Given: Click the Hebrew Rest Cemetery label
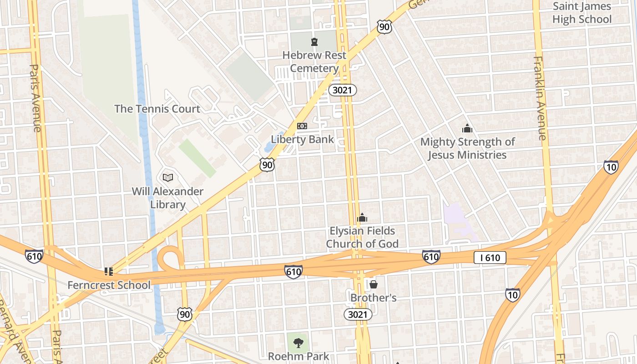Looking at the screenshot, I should pyautogui.click(x=314, y=62).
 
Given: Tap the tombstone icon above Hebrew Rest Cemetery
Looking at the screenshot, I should pyautogui.click(x=314, y=42).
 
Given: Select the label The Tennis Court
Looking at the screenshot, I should pyautogui.click(x=157, y=109).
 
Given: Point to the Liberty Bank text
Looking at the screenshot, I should pyautogui.click(x=302, y=139).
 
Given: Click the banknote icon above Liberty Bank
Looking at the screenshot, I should pyautogui.click(x=302, y=126).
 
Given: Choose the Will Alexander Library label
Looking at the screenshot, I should pyautogui.click(x=167, y=198).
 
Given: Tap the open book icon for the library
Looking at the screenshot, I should pyautogui.click(x=167, y=177).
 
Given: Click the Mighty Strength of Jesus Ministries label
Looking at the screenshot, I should pyautogui.click(x=467, y=148).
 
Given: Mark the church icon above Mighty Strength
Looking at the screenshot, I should pyautogui.click(x=467, y=129).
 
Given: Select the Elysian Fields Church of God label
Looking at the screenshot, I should pyautogui.click(x=362, y=237).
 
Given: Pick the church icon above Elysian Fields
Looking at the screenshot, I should pyautogui.click(x=362, y=218).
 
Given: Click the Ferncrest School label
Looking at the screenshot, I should pyautogui.click(x=109, y=285).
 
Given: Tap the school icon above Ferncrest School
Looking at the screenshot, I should pyautogui.click(x=108, y=272).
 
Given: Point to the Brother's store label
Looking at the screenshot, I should pyautogui.click(x=373, y=298).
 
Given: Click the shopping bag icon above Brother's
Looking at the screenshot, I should pyautogui.click(x=374, y=285).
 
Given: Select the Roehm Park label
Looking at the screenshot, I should pyautogui.click(x=298, y=356).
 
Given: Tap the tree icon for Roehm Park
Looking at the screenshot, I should pyautogui.click(x=298, y=343).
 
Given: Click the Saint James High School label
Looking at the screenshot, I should pyautogui.click(x=581, y=13).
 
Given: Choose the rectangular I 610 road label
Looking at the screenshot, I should pyautogui.click(x=490, y=258).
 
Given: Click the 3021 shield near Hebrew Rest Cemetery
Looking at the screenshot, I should pyautogui.click(x=342, y=90).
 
